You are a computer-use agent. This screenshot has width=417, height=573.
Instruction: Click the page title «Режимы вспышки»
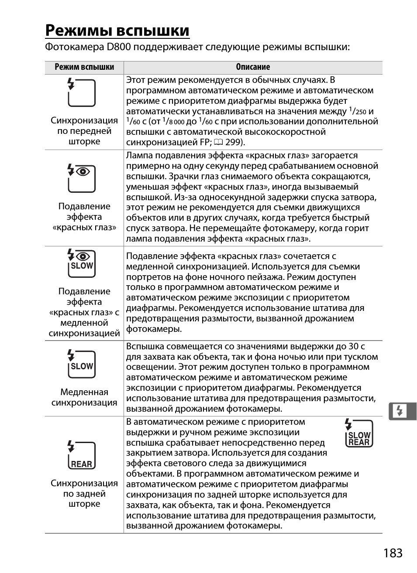(117, 31)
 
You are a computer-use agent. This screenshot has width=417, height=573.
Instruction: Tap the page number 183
(393, 553)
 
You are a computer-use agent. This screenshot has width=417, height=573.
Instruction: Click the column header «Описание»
(253, 67)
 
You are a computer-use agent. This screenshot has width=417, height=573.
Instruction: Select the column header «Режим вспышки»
(84, 67)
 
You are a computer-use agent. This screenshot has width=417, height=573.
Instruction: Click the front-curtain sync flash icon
(81, 92)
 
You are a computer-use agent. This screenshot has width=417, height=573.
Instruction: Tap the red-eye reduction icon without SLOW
(81, 178)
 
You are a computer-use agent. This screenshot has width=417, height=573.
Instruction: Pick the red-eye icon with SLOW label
(81, 263)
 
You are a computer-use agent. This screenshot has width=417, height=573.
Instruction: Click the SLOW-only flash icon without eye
(81, 364)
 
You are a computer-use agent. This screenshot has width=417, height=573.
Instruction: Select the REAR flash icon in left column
(81, 455)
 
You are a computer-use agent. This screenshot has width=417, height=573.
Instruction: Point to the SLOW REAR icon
(359, 433)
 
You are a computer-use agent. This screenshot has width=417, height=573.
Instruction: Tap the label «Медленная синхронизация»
(84, 397)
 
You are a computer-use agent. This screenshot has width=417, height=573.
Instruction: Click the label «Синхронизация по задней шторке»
(84, 494)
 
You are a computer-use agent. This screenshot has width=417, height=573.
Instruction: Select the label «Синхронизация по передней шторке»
(84, 131)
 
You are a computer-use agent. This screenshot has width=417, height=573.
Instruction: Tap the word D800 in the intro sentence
(118, 47)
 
